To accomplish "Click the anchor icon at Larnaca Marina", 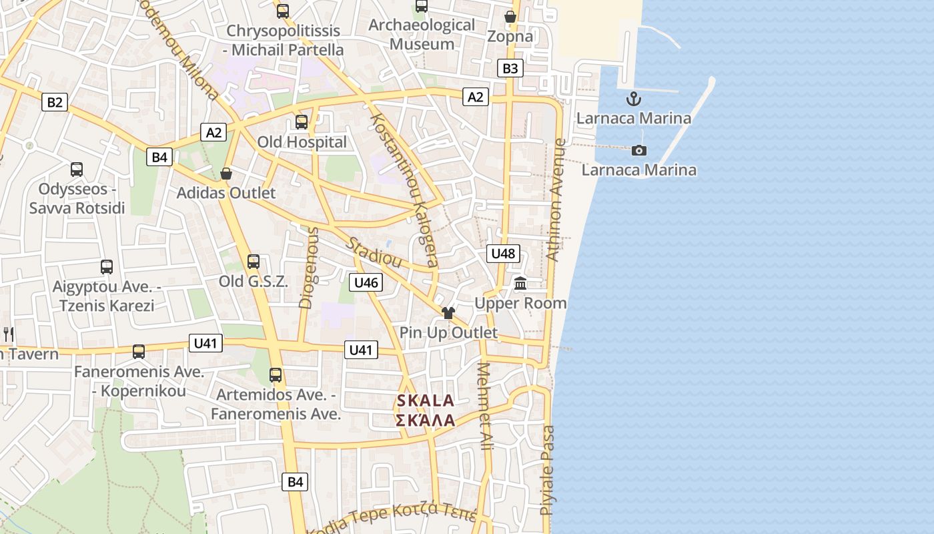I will click(633, 99).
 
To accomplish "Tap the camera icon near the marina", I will click(639, 150).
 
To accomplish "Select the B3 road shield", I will click(510, 68).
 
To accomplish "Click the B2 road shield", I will click(55, 102).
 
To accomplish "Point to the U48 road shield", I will click(503, 253).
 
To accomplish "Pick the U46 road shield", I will click(366, 282).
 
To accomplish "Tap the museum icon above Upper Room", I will click(520, 284).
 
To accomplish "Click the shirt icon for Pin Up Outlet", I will click(448, 313).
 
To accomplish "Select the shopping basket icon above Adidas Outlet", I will click(226, 174).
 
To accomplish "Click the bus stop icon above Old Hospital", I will click(302, 122).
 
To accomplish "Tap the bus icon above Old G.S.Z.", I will click(253, 262).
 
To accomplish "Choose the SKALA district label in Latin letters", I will click(426, 400).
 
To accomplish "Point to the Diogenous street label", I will click(308, 268).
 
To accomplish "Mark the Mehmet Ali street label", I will click(485, 405).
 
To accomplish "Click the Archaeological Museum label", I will click(422, 35).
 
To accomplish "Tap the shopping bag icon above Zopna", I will click(510, 17).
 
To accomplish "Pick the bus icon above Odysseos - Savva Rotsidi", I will click(77, 170).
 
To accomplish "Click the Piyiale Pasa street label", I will click(547, 470).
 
